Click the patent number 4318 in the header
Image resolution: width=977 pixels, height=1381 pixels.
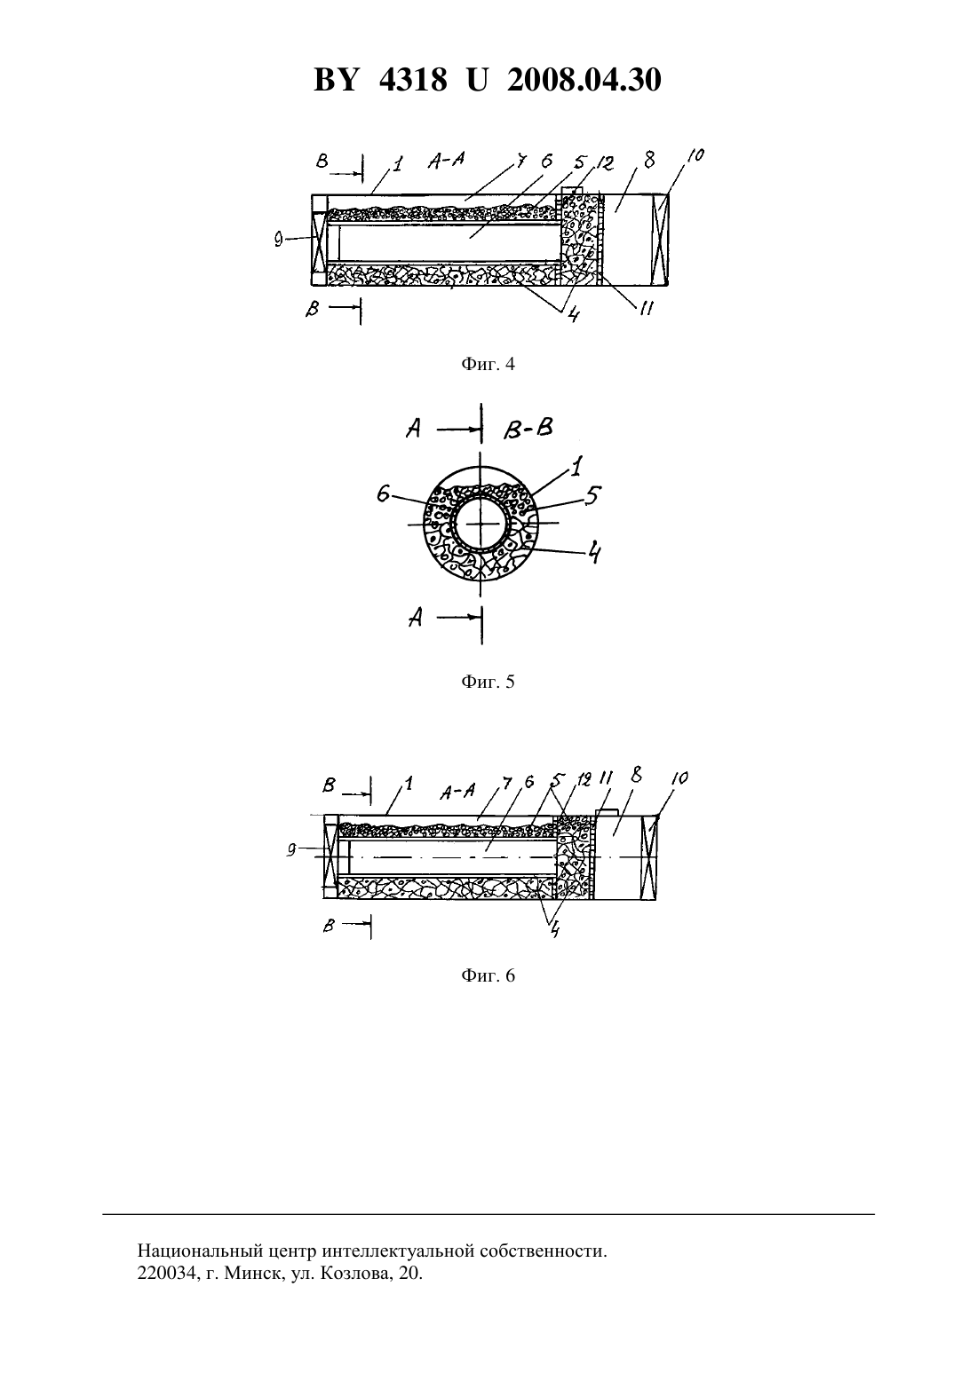413,80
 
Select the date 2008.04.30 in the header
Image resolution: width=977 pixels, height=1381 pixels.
584,80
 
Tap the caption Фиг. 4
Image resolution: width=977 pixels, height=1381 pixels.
488,364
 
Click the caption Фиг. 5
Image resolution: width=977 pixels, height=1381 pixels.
488,682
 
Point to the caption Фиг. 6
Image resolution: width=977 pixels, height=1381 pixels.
488,975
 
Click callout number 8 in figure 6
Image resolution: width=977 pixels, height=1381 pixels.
636,776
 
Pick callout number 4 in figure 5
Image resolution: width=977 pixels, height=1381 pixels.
594,551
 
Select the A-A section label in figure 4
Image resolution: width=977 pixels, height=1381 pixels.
446,162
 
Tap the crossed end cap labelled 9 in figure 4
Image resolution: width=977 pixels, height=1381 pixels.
320,241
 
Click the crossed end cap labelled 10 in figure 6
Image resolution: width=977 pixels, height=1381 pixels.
649,857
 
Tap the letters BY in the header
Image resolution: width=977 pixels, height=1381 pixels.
336,80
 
